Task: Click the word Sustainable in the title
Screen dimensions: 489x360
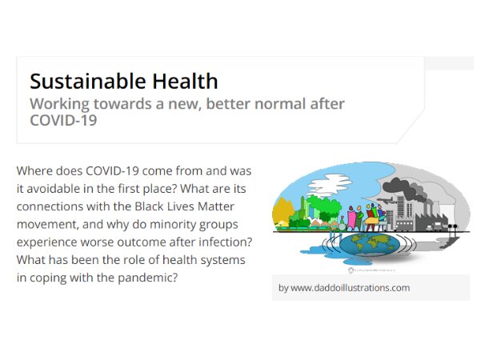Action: pos(88,81)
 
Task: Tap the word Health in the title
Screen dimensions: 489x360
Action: pos(185,81)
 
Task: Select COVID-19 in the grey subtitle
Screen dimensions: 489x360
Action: pos(63,120)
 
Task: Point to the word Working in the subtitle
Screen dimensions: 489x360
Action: pos(59,105)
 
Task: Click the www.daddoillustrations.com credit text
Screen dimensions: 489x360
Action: pos(351,288)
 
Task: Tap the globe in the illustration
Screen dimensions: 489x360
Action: pos(369,244)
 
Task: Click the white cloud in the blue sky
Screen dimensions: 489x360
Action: pos(330,185)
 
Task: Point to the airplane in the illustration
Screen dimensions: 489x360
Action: pos(387,202)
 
